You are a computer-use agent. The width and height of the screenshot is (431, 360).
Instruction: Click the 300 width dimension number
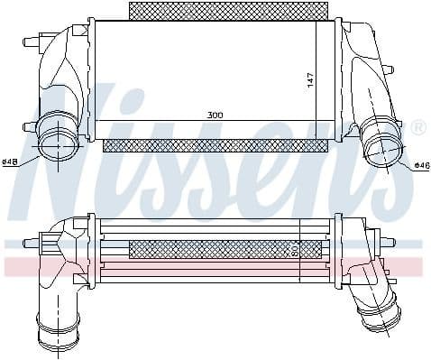coord(215,115)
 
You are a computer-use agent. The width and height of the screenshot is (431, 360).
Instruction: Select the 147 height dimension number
coord(310,78)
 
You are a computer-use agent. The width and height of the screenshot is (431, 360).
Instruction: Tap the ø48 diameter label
coord(11,162)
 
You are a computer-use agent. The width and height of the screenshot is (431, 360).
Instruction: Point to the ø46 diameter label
coord(420,165)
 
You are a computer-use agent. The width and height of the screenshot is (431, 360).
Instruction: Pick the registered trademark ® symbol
coord(417,128)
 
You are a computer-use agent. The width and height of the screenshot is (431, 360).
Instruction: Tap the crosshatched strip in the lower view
coord(225,248)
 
